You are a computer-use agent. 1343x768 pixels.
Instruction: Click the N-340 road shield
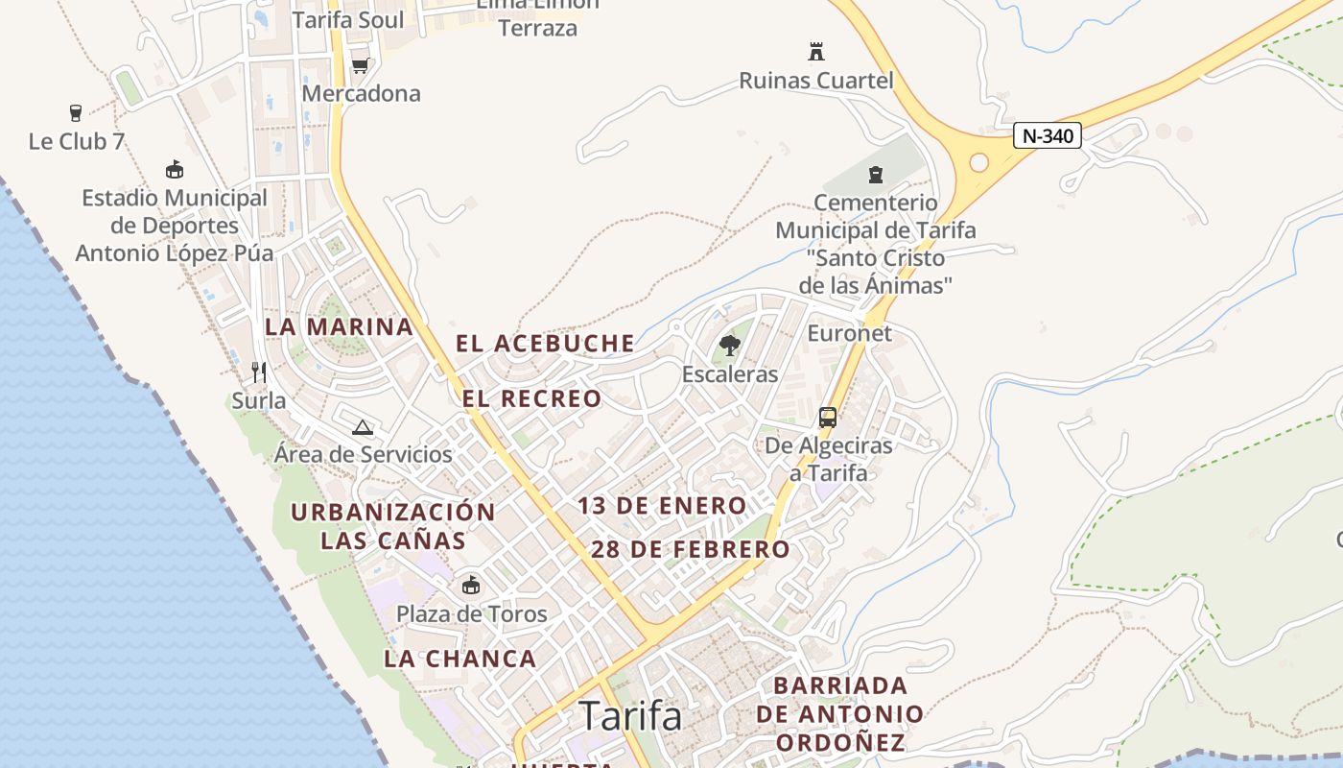(x=1047, y=136)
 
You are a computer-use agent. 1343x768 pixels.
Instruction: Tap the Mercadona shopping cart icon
(x=360, y=65)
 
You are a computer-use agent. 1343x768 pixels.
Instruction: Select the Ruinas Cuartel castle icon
(x=816, y=51)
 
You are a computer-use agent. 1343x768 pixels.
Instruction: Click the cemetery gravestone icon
(x=875, y=175)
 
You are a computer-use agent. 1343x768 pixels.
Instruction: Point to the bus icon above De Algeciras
(x=828, y=418)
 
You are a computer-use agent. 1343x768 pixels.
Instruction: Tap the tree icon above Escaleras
(x=730, y=346)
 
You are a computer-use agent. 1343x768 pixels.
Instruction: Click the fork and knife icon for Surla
(x=258, y=372)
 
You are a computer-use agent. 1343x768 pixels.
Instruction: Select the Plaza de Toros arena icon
(x=470, y=585)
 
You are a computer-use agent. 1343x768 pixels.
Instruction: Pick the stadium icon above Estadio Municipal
(x=174, y=170)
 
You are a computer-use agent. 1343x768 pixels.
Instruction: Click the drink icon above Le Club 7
(x=76, y=113)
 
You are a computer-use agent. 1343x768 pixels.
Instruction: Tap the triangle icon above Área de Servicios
(x=362, y=427)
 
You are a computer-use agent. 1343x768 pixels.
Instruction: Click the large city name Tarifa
(x=630, y=716)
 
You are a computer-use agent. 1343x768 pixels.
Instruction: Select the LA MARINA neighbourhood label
(x=339, y=326)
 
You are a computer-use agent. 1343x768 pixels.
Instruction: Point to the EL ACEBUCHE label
(x=545, y=343)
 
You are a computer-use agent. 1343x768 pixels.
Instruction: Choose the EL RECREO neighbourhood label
(x=531, y=398)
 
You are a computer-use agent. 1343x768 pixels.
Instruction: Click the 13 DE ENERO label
(x=662, y=506)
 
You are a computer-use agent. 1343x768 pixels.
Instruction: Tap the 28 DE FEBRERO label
(x=691, y=549)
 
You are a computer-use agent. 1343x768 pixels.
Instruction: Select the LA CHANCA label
(x=460, y=659)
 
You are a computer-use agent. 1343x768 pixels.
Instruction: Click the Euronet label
(x=850, y=333)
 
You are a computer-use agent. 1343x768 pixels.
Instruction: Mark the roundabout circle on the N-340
(x=978, y=162)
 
